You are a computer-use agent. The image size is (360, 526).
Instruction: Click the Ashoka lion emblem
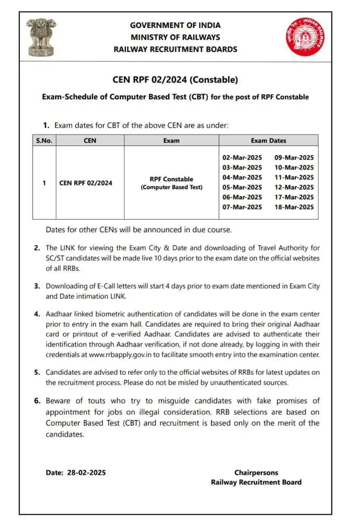[x=40, y=37]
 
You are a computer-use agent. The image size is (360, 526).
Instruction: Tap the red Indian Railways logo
[x=305, y=37]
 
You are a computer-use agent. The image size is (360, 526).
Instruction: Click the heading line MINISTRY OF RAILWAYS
[x=175, y=37]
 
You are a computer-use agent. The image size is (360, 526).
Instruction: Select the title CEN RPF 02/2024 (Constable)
[x=175, y=80]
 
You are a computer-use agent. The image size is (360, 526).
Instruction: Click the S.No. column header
[x=44, y=141]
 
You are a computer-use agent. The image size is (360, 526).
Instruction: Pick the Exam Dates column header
[x=268, y=141]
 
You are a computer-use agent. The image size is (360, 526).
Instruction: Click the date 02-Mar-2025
[x=242, y=158]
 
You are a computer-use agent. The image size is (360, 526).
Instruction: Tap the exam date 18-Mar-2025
[x=294, y=207]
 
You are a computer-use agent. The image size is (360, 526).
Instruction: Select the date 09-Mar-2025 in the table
[x=294, y=158]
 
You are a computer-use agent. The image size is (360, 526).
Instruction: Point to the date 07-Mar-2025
[x=242, y=207]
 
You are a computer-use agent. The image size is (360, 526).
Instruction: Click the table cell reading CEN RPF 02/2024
[x=86, y=183]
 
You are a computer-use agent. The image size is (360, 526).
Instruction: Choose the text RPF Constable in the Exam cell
[x=171, y=179]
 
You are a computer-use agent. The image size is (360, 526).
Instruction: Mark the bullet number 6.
[x=37, y=401]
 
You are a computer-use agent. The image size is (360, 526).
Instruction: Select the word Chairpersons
[x=256, y=473]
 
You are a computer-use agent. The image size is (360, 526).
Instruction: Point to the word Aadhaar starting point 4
[x=60, y=314]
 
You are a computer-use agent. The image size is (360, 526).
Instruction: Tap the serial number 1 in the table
[x=44, y=183]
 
